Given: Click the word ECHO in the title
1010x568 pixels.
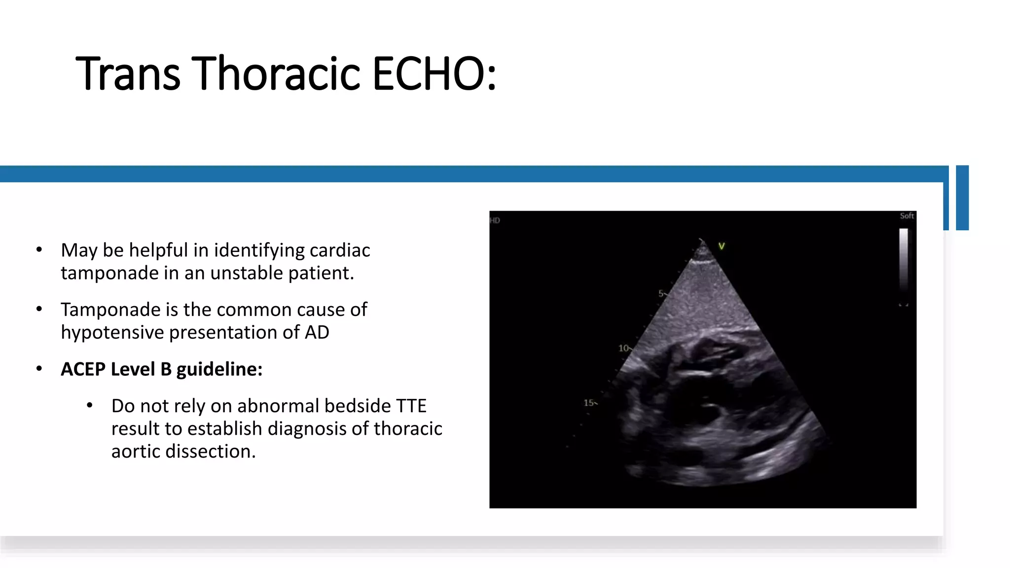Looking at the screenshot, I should point(434,74).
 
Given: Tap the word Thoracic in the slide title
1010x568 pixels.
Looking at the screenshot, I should point(276,74).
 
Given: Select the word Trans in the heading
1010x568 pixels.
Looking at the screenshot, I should point(128,74).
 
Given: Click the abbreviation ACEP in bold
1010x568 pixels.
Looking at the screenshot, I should point(82,369).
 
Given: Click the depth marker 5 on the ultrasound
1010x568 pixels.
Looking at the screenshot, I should point(661,293).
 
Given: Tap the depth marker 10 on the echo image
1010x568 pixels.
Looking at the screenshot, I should point(623,348).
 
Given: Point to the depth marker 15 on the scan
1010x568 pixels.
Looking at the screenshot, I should point(589,403).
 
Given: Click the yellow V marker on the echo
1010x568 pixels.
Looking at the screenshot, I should point(721,246).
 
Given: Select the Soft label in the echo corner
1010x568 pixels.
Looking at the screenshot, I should point(906,216).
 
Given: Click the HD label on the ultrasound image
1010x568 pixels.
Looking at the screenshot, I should point(495,220).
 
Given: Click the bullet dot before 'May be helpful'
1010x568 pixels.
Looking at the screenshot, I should point(39,250).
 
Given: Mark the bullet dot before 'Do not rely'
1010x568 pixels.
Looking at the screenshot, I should point(90,406).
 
